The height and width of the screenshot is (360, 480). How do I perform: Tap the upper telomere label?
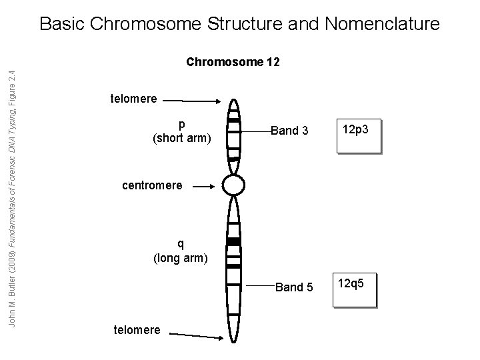pos(133,99)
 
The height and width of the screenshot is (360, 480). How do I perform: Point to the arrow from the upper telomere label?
pos(193,101)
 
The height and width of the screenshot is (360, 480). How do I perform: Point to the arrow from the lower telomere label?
pos(197,333)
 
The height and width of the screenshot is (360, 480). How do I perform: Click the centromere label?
pos(152,185)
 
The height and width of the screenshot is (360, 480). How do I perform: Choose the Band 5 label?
pos(294,288)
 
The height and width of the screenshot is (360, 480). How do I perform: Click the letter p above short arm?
pos(181,125)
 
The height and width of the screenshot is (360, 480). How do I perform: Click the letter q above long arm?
pos(181,243)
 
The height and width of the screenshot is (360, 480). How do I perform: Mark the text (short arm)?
pos(181,138)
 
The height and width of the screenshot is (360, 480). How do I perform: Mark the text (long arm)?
pos(181,257)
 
